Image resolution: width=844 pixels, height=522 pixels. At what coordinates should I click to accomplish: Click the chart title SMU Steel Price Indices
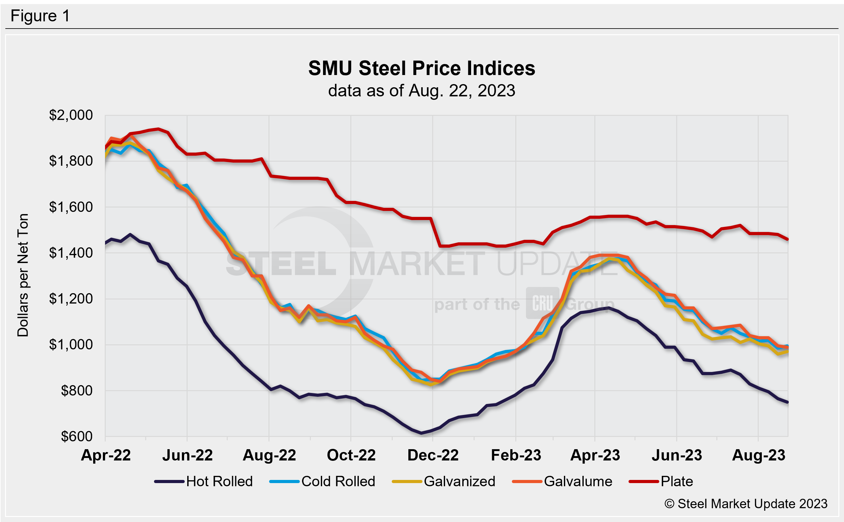(422, 68)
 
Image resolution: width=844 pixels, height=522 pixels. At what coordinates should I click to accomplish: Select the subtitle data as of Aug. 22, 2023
(422, 91)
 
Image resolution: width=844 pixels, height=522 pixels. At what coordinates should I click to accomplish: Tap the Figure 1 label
(40, 16)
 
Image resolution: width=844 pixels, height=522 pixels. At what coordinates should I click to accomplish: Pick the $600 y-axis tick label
(77, 436)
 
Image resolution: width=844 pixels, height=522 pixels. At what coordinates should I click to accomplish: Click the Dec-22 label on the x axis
(433, 455)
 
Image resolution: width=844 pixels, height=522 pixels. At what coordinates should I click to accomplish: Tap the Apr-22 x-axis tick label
(106, 455)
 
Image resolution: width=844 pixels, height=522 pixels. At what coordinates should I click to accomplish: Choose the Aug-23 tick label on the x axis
(758, 455)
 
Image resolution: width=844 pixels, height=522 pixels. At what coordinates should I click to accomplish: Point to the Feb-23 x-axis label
(516, 455)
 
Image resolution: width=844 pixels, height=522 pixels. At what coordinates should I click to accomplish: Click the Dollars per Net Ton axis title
(23, 275)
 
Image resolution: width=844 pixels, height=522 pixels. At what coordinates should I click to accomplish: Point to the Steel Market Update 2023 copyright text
(746, 504)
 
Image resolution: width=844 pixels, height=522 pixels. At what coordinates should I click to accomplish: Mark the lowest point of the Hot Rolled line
(421, 433)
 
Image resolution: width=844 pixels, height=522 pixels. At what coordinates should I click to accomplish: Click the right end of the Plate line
(788, 239)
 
